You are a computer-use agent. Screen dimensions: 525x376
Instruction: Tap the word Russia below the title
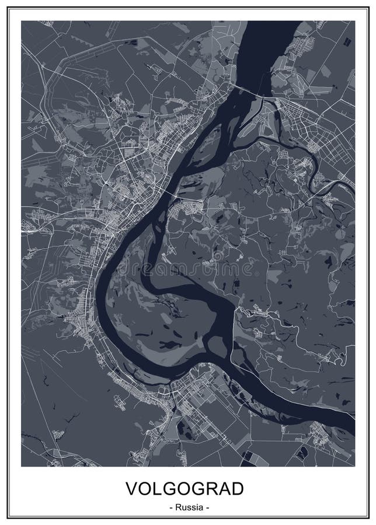pos(188,507)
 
